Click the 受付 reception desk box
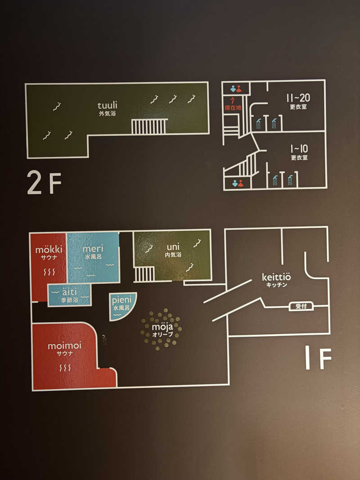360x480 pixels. click(x=301, y=306)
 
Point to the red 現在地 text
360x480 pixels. click(x=233, y=108)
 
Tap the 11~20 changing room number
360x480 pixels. click(x=298, y=98)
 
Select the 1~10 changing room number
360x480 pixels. click(x=299, y=149)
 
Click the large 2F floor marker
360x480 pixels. click(x=44, y=183)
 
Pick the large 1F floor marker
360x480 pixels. click(x=318, y=358)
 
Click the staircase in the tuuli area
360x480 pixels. click(x=150, y=126)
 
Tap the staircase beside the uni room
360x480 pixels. click(x=144, y=274)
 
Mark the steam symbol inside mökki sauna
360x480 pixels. click(x=49, y=272)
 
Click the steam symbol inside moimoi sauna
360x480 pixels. click(x=65, y=368)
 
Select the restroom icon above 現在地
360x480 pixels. click(x=236, y=89)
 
